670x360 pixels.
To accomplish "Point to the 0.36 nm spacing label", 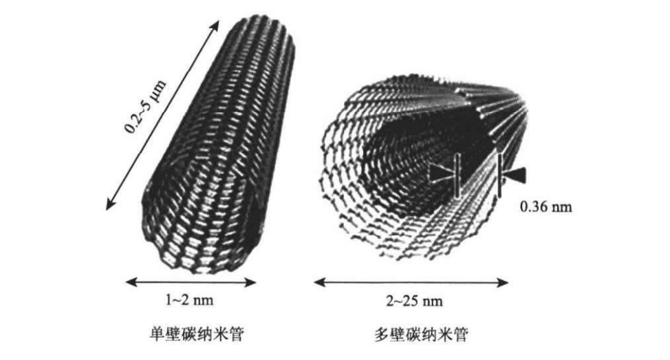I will (543, 206).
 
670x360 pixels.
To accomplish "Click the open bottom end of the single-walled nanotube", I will (199, 234).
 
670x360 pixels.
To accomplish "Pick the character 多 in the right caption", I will (380, 335).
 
